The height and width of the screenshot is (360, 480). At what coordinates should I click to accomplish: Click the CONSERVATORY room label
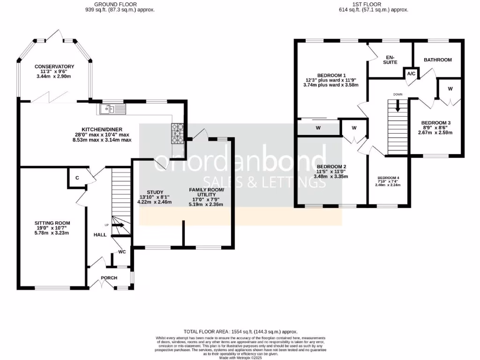54,67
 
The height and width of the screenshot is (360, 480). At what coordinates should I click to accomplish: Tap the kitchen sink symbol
112,109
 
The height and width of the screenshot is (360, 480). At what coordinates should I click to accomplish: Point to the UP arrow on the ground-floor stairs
117,225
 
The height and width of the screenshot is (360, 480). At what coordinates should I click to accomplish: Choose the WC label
122,252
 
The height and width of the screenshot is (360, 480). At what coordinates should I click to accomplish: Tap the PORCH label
109,278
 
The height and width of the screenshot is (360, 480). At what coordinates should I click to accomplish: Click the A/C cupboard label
411,74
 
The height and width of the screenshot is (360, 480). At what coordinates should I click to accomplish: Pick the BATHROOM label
437,60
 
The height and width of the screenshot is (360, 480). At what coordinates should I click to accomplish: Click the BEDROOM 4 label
389,178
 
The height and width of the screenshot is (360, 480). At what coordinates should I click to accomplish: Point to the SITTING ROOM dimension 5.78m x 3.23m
52,232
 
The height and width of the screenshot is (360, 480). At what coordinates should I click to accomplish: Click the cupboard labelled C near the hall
77,177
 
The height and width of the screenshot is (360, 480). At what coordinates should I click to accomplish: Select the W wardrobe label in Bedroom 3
450,89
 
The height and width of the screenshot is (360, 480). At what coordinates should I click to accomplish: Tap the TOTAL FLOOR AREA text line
240,331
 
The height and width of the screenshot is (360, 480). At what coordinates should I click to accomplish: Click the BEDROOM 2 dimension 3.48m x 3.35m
331,177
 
